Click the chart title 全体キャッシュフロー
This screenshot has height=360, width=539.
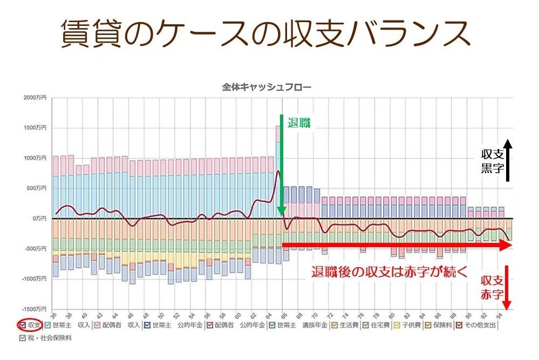267,86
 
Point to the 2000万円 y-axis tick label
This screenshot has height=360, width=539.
35,98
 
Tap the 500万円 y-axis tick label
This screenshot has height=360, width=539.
36,188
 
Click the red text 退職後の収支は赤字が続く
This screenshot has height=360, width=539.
388,271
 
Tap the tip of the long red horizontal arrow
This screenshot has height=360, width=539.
509,246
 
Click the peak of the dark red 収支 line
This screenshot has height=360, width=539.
278,172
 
